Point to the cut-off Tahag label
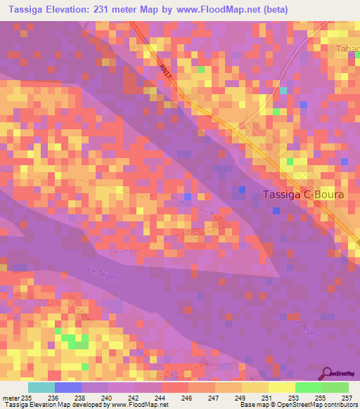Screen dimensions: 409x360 tap(347, 48)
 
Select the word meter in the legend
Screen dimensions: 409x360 tap(11, 398)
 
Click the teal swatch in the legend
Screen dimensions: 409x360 tap(41, 387)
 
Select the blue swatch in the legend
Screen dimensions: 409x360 tap(67, 387)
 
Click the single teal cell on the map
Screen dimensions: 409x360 tap(283, 90)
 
